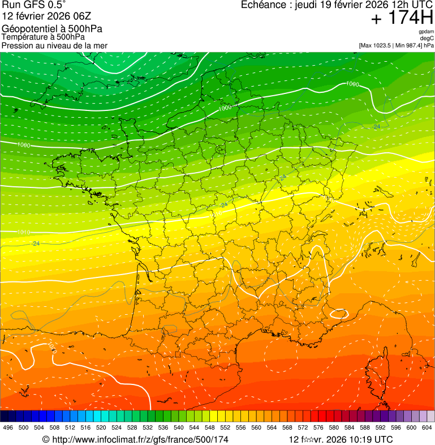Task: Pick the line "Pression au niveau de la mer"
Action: pyautogui.click(x=54, y=45)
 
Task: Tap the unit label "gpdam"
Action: pyautogui.click(x=426, y=32)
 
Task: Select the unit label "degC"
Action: pyautogui.click(x=427, y=38)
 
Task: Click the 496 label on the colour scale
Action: pyautogui.click(x=8, y=427)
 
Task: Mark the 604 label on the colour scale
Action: pyautogui.click(x=427, y=427)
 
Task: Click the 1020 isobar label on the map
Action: pyautogui.click(x=51, y=344)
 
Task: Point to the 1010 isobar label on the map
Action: pyautogui.click(x=24, y=233)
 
